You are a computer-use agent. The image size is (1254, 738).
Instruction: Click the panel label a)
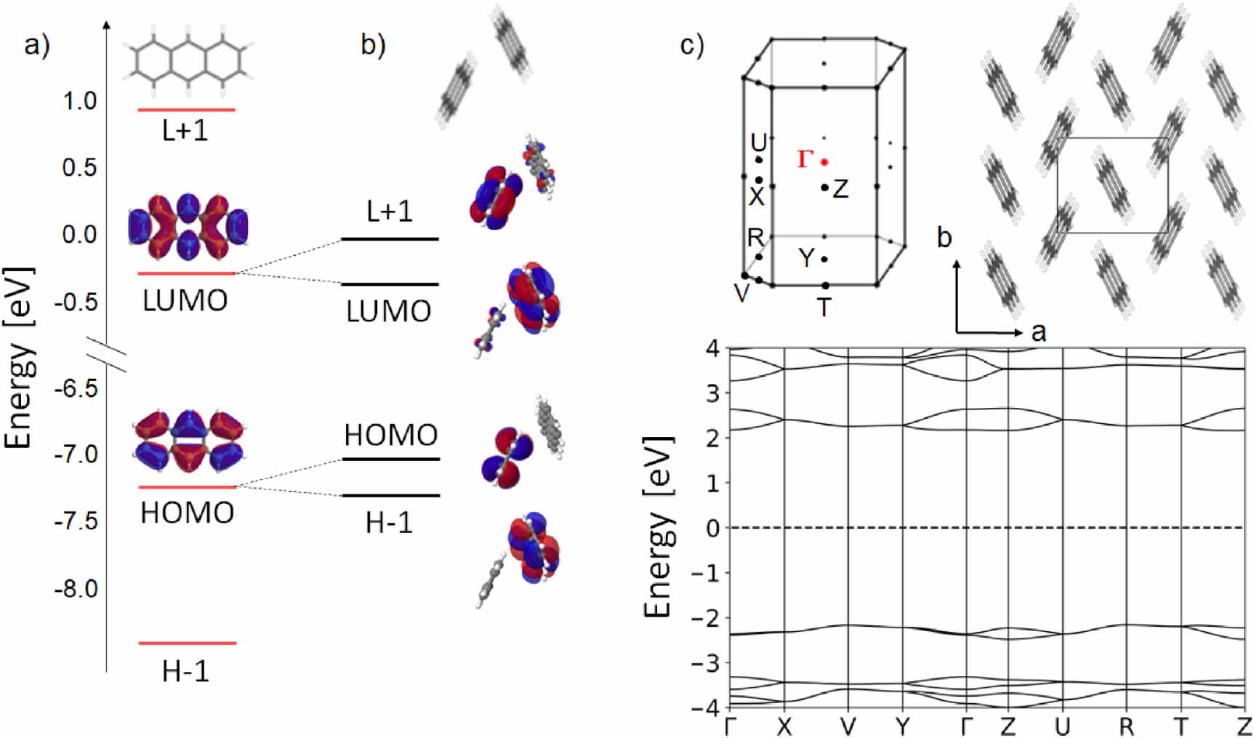point(37,45)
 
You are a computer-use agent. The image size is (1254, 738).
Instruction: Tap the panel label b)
point(373,45)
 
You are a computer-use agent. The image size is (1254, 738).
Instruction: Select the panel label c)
point(691,45)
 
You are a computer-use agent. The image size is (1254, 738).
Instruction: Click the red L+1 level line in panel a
point(186,110)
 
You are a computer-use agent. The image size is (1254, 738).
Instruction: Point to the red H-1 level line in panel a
point(188,643)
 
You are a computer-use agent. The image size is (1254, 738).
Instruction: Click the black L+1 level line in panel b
point(390,238)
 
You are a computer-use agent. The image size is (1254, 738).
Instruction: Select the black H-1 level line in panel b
point(391,496)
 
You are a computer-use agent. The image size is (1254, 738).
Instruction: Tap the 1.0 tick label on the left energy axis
point(79,101)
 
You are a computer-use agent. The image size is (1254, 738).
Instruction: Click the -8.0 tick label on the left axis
point(76,588)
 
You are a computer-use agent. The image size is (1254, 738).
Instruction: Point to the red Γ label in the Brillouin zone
point(804,159)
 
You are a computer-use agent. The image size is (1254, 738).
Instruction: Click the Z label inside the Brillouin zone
point(840,190)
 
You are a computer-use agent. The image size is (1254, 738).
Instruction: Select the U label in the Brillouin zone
point(758,142)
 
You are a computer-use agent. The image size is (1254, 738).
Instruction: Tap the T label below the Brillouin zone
point(824,308)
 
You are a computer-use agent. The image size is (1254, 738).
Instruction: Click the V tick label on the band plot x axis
point(848,726)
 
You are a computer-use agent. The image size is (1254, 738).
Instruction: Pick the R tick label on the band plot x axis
point(1126,726)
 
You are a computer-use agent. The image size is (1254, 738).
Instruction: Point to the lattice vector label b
point(944,238)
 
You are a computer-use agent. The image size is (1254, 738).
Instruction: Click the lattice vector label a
point(1039,332)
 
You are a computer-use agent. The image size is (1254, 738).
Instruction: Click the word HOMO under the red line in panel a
point(187,513)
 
